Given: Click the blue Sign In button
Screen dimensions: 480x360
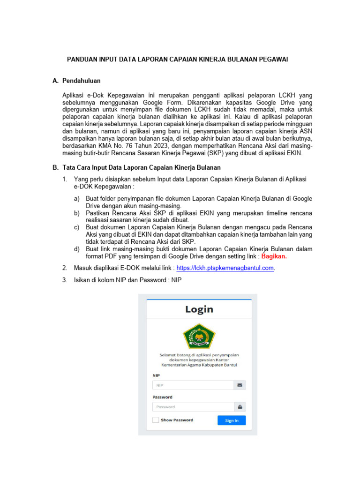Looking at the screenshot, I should [232, 420].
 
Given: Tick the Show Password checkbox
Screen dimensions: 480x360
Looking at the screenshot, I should [156, 420].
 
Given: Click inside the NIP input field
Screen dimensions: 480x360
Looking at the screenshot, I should [193, 385].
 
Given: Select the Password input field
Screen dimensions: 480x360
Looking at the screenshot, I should [193, 407].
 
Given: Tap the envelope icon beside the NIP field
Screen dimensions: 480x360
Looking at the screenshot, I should [240, 385].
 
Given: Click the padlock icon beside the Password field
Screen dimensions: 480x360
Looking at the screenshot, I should [240, 407].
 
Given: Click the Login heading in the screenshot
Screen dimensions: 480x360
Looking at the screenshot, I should [199, 309].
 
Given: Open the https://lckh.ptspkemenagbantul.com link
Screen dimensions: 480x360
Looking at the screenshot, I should [225, 268].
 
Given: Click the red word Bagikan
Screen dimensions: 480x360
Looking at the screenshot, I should [274, 256].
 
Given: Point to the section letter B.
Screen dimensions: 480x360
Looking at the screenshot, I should [55, 167].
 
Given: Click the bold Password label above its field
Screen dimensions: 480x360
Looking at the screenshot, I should [162, 397].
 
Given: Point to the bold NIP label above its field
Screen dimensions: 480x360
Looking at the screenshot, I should [156, 375].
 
